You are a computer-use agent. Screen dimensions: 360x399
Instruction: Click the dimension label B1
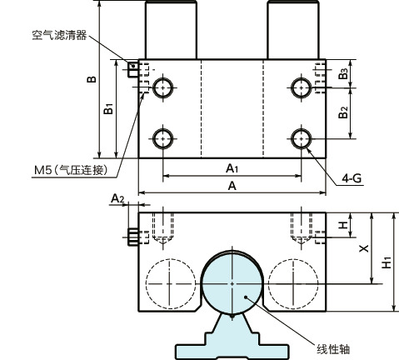coord(108,107)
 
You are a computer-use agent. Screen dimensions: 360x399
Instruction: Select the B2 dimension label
coord(343,112)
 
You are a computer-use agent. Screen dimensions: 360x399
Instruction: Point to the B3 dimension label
coord(343,74)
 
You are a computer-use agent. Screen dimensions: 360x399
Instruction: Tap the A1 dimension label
coord(233,168)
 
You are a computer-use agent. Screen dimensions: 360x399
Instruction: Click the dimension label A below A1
coord(232,187)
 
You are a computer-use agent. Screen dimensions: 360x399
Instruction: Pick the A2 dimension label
coord(118,197)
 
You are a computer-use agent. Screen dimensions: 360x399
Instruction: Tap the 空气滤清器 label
coord(59,37)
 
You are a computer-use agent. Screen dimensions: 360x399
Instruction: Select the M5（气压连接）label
coord(72,170)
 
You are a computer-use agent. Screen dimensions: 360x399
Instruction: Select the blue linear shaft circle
coord(232,282)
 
